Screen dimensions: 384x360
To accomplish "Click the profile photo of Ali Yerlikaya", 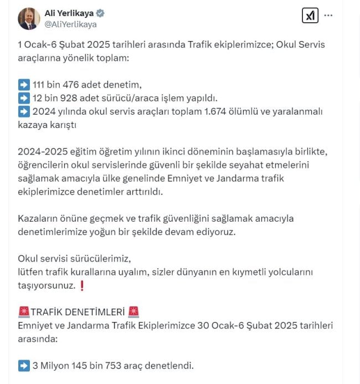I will click(29, 18).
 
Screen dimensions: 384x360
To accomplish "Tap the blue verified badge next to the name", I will click(100, 13).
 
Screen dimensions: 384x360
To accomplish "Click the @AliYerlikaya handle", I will click(70, 24).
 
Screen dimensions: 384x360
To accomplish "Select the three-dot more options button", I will click(328, 16).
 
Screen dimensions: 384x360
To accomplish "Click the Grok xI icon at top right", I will click(310, 16).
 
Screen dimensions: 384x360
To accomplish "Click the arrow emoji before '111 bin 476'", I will click(24, 85).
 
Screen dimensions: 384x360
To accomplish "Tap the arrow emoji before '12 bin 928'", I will click(24, 98).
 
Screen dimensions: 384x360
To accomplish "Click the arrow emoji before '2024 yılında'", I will click(24, 112).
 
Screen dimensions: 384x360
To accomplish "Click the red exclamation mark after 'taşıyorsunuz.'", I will click(82, 285).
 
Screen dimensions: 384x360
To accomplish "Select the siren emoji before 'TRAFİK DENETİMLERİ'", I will click(24, 312).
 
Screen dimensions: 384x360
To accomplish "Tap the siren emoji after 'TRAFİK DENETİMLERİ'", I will click(133, 312).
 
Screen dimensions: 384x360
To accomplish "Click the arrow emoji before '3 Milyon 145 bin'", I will click(24, 366).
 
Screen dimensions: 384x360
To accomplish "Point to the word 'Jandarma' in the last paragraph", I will click(79, 325).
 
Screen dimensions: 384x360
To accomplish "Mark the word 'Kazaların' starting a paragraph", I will click(37, 218).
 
